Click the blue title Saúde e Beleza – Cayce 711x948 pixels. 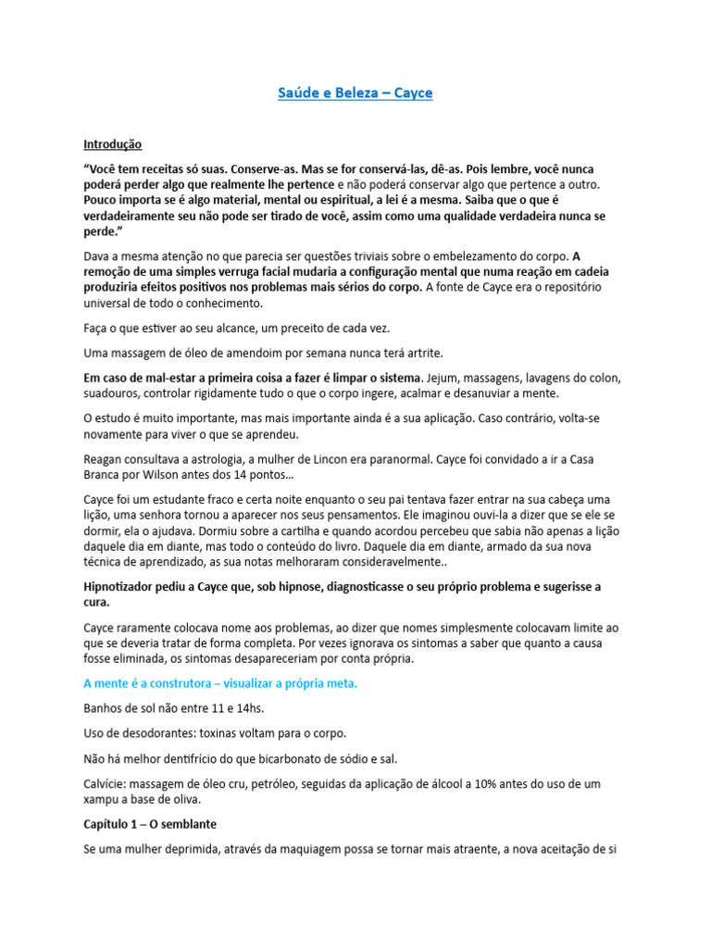[x=355, y=94]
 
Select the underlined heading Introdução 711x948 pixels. [x=112, y=144]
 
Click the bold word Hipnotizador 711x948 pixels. [x=124, y=587]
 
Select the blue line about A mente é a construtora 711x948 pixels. [x=220, y=683]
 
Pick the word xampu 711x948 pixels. [x=102, y=799]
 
